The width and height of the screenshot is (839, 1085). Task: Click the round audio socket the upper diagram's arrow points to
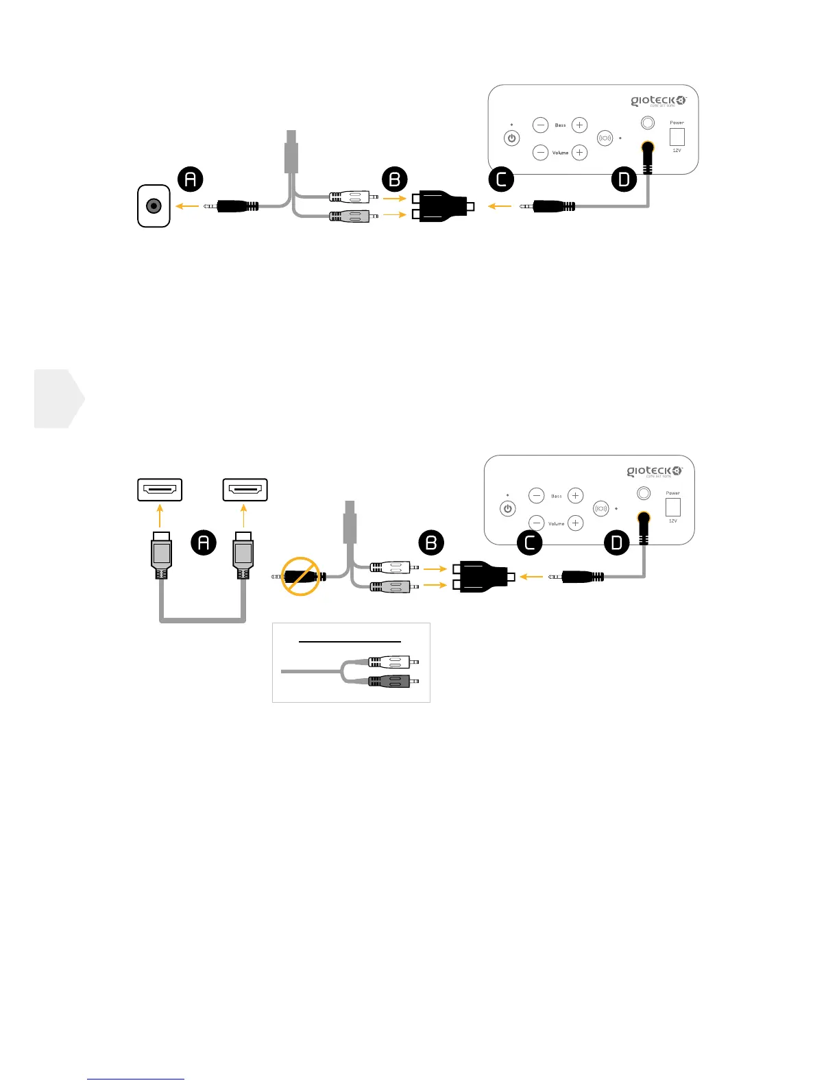click(x=154, y=205)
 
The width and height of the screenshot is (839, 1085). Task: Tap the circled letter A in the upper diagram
click(x=191, y=179)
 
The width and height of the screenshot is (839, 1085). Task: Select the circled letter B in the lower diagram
click(x=431, y=543)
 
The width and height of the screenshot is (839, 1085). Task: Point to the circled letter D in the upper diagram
click(x=624, y=179)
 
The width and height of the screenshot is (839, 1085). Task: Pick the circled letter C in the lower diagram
click(x=529, y=543)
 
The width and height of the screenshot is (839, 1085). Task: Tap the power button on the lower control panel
click(x=508, y=509)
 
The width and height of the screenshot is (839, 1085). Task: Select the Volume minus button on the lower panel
click(x=537, y=523)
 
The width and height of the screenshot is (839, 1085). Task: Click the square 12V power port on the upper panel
click(x=677, y=136)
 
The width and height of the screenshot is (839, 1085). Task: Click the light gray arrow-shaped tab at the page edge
click(x=59, y=399)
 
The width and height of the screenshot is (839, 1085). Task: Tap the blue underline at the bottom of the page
click(x=136, y=1079)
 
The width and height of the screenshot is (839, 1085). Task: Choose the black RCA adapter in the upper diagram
click(x=442, y=205)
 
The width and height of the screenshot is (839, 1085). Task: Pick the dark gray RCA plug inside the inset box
click(x=389, y=681)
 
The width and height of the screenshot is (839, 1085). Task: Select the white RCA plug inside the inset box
click(x=389, y=662)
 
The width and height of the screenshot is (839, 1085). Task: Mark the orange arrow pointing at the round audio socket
click(x=187, y=205)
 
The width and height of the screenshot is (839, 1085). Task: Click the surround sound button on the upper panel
click(x=605, y=138)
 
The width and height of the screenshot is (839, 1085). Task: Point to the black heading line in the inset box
click(x=350, y=642)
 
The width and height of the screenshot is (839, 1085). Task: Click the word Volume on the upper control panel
click(x=560, y=153)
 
